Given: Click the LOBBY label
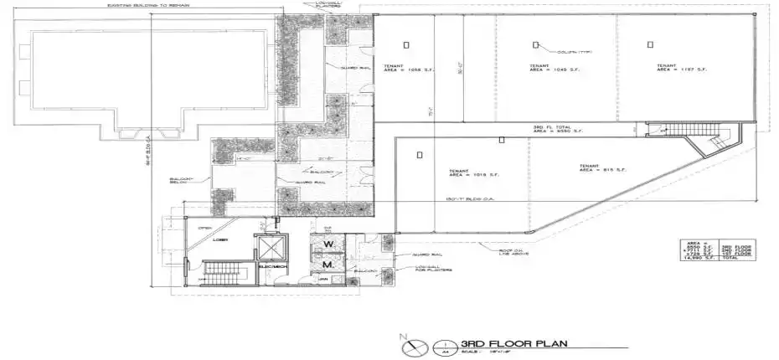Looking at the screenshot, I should point(220,239).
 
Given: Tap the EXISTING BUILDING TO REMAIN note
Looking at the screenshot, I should point(156,5).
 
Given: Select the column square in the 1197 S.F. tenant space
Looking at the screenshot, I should point(651,44).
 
